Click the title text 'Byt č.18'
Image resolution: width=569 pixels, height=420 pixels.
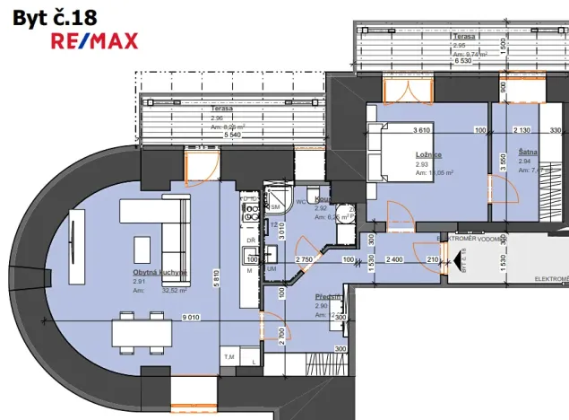tap(43, 15)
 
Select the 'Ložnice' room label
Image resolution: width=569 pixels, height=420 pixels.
tap(377, 155)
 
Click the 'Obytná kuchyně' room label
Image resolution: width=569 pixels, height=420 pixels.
tap(160, 272)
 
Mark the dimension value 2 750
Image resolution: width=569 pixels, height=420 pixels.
tap(304, 260)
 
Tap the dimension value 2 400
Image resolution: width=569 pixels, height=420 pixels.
tap(395, 260)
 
